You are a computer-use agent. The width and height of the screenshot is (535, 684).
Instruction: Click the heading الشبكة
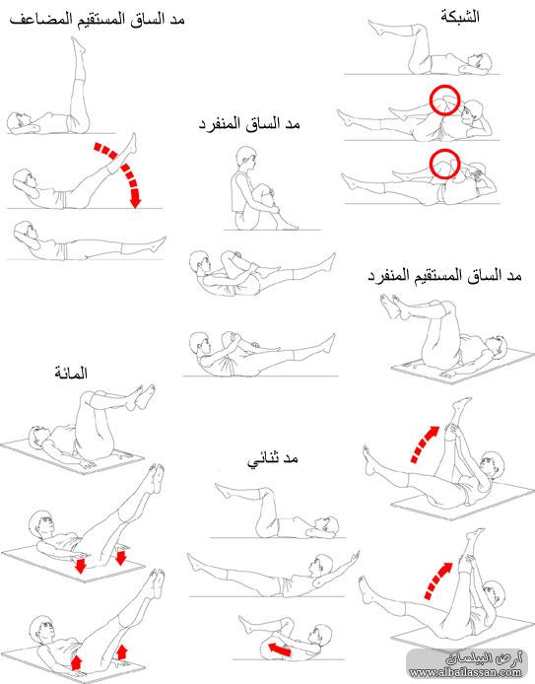tap(460, 17)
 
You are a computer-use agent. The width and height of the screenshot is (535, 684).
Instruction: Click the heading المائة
tap(71, 373)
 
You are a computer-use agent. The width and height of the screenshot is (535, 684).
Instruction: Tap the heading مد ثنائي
tap(273, 459)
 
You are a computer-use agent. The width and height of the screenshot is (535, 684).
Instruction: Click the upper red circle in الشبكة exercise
tap(444, 101)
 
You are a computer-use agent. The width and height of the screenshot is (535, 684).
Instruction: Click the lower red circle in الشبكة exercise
tap(444, 164)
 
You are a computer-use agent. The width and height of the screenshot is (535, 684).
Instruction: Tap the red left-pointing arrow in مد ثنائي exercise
tap(280, 650)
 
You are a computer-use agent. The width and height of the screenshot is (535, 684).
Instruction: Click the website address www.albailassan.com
tap(465, 672)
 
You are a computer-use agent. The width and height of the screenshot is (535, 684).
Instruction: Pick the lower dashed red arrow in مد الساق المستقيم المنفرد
tap(437, 580)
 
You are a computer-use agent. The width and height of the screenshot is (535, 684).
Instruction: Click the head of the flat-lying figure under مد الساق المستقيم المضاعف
tap(24, 231)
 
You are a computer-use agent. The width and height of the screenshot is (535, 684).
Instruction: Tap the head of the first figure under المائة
tap(38, 436)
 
